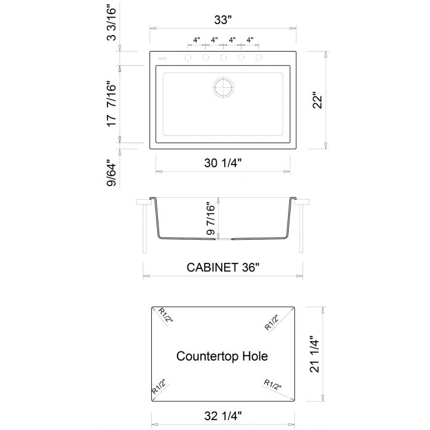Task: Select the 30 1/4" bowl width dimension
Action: pyautogui.click(x=222, y=163)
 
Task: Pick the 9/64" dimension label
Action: pyautogui.click(x=112, y=173)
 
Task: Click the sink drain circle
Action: pyautogui.click(x=223, y=87)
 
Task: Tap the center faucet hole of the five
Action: pyautogui.click(x=223, y=58)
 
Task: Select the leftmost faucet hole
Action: pyautogui.click(x=187, y=58)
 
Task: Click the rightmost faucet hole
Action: pyautogui.click(x=259, y=58)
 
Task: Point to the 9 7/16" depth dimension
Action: pyautogui.click(x=213, y=219)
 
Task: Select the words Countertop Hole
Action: pyautogui.click(x=222, y=356)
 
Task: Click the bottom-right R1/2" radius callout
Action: pyautogui.click(x=272, y=385)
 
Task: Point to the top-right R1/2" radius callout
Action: pyautogui.click(x=272, y=322)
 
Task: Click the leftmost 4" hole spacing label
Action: pyautogui.click(x=197, y=40)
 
